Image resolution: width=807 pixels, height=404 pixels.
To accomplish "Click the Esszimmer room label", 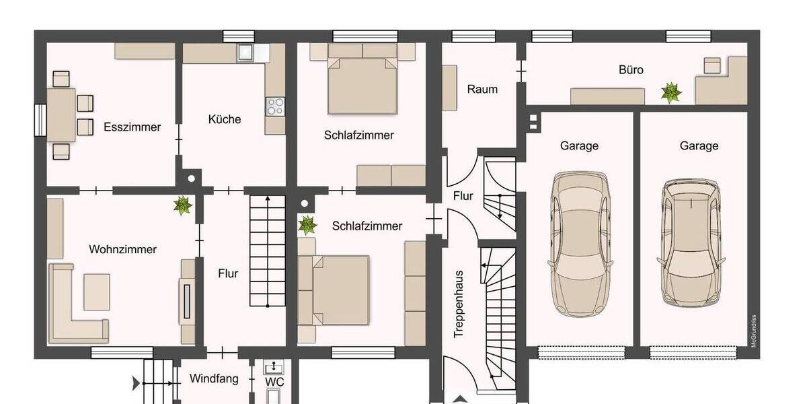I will (132, 127).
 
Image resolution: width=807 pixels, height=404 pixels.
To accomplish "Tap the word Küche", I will (224, 119).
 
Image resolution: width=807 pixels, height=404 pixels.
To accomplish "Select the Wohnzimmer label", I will (122, 249).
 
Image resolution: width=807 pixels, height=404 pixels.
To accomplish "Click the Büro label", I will (631, 69).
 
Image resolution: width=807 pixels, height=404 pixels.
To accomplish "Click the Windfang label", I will (213, 378).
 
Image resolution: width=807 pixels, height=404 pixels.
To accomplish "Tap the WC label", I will (274, 382).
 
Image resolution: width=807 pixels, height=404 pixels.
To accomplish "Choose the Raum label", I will (482, 89).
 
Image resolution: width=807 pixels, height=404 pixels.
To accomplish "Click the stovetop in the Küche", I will (275, 106).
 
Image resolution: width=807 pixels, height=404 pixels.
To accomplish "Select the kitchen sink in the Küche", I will (244, 53).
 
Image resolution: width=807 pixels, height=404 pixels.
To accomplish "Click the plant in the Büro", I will (670, 93).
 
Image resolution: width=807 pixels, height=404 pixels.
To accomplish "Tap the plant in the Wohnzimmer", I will (182, 206).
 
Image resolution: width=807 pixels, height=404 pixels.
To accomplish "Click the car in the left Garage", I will (579, 244).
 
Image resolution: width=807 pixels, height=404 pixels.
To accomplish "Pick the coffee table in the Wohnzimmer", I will (96, 292).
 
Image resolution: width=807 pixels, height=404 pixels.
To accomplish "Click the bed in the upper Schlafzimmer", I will (361, 84).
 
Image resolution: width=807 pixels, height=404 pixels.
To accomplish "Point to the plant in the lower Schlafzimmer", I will (307, 224).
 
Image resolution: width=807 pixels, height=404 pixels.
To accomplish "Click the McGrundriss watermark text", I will (754, 331).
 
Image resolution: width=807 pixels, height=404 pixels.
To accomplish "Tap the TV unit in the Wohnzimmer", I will (188, 301).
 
